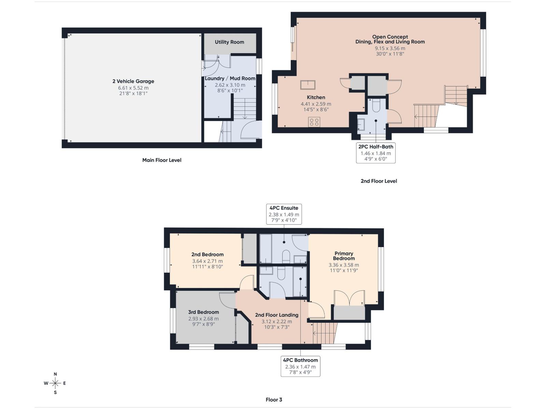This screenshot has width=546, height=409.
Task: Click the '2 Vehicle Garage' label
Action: click(x=133, y=81)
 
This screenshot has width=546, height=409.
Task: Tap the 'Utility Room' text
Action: click(x=229, y=42)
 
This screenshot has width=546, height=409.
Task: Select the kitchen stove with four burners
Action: click(x=314, y=122)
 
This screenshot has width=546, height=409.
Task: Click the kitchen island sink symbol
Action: click(x=308, y=84)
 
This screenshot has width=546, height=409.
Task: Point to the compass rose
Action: click(x=55, y=383)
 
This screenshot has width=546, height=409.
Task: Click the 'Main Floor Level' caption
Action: click(x=162, y=160)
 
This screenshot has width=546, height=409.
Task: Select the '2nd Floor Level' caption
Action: click(x=379, y=181)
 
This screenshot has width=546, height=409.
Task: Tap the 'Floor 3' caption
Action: click(x=274, y=399)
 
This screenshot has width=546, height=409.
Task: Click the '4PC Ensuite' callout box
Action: click(x=284, y=214)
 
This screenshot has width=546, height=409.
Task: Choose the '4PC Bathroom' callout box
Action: click(x=300, y=366)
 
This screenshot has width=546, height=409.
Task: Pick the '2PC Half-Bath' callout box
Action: click(x=376, y=153)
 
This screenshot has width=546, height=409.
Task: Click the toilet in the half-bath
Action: click(x=376, y=106)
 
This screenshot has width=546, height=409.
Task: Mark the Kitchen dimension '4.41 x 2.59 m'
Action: click(x=316, y=104)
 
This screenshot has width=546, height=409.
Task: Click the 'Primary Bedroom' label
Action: click(x=344, y=256)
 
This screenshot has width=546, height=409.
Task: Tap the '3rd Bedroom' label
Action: click(x=203, y=312)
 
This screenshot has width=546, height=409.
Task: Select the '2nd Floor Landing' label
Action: click(x=276, y=315)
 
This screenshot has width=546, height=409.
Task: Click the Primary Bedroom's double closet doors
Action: click(x=349, y=298)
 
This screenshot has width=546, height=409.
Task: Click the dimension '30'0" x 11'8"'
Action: click(x=390, y=54)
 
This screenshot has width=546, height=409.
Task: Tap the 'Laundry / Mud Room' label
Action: click(x=230, y=78)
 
